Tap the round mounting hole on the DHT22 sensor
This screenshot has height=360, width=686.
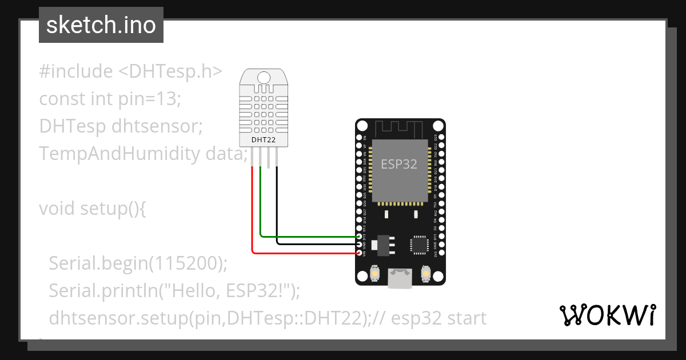(264, 77)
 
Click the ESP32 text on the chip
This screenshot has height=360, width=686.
(399, 164)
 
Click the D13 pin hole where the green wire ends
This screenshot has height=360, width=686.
(360, 236)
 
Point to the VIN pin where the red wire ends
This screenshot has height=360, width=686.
(360, 252)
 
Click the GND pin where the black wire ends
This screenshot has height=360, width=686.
(360, 244)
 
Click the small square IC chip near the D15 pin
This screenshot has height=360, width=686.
(419, 244)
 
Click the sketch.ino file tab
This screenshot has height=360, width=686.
(101, 25)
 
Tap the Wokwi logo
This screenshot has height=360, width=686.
(607, 315)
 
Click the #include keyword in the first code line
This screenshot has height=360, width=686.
(76, 71)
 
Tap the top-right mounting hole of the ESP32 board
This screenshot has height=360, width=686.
(438, 126)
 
